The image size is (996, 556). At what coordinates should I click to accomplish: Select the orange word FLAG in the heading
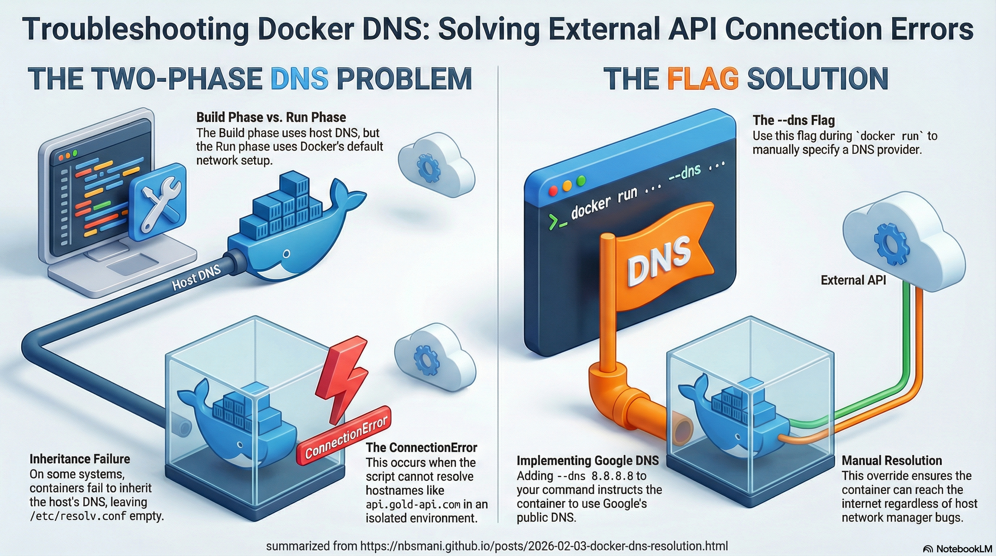coord(703,79)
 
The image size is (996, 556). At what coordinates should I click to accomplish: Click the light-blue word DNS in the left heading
coord(299,79)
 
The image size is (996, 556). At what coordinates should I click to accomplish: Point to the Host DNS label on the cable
coord(196,278)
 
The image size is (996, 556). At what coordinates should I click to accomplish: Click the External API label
coord(853,280)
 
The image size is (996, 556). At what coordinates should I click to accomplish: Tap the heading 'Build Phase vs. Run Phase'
coord(271,117)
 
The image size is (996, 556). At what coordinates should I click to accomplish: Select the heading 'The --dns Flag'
coord(793,120)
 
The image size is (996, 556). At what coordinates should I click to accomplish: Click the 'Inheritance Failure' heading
coord(80,459)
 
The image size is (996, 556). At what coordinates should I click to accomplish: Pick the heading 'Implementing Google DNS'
coord(587,460)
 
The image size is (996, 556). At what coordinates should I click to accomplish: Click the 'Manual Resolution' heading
coord(892,460)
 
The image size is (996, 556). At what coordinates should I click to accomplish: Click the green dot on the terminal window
coord(581,180)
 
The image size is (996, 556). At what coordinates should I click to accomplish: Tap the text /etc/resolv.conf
coord(78,516)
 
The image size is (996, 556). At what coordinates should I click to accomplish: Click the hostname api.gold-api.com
coord(413,505)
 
